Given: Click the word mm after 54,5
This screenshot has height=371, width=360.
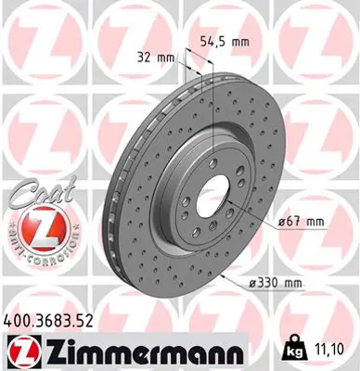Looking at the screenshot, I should point(242,43).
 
